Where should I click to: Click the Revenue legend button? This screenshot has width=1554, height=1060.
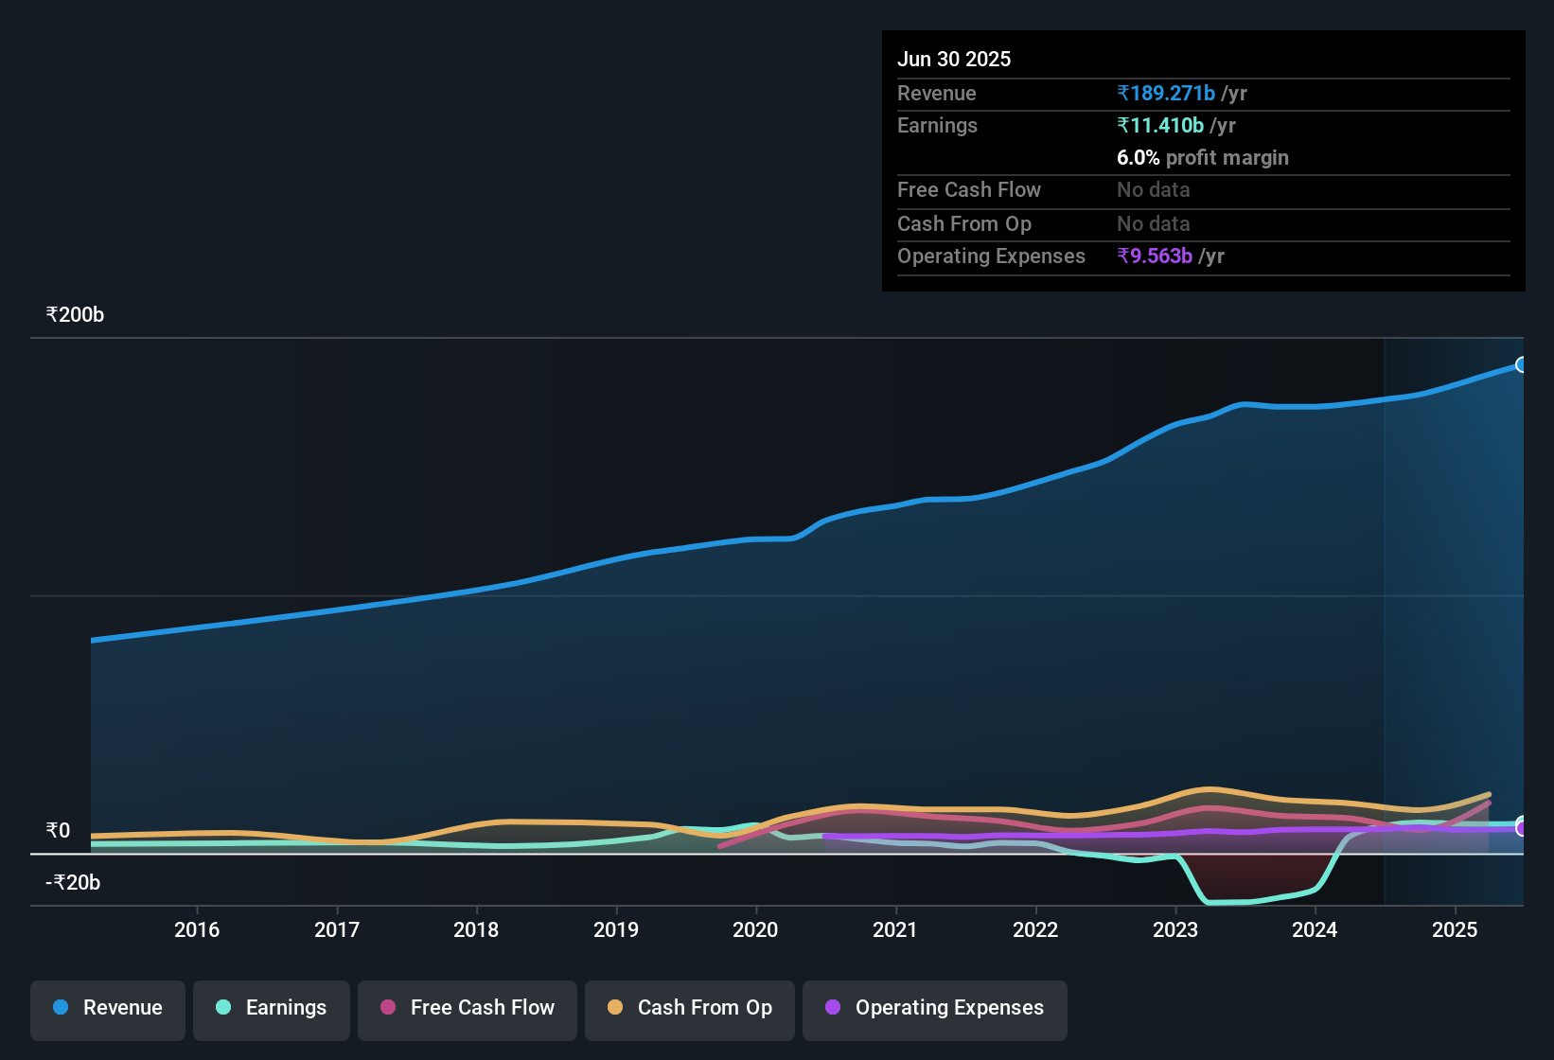[x=108, y=1008]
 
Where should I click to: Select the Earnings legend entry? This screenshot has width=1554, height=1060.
[x=272, y=1008]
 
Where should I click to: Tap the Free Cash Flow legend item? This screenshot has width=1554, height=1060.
[x=468, y=1008]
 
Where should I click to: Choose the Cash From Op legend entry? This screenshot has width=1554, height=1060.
[x=690, y=1008]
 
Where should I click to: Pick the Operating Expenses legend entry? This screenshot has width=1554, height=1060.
[x=935, y=1008]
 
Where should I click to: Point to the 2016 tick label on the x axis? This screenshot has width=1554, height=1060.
[x=197, y=929]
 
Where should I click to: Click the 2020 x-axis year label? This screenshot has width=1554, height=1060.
[x=755, y=929]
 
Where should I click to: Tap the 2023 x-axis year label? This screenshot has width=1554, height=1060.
[x=1175, y=929]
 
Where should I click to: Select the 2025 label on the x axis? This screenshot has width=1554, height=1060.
[x=1455, y=929]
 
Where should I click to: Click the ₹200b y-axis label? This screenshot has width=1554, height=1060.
[x=75, y=315]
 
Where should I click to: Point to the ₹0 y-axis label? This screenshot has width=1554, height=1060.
[x=58, y=831]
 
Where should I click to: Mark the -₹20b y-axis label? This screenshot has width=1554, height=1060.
[x=73, y=883]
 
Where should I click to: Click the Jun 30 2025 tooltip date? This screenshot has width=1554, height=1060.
[x=954, y=59]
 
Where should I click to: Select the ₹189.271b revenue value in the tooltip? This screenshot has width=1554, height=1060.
[x=1166, y=94]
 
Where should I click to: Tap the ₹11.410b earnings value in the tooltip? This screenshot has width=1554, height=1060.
[x=1160, y=126]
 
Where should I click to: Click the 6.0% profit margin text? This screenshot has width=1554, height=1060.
[x=1203, y=158]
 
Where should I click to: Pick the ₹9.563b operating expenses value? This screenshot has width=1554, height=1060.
[x=1155, y=256]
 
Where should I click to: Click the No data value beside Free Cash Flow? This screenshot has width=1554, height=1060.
[x=1154, y=190]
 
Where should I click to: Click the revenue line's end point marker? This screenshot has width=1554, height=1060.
[x=1521, y=365]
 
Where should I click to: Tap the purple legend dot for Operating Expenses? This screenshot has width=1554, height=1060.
[x=833, y=1007]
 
